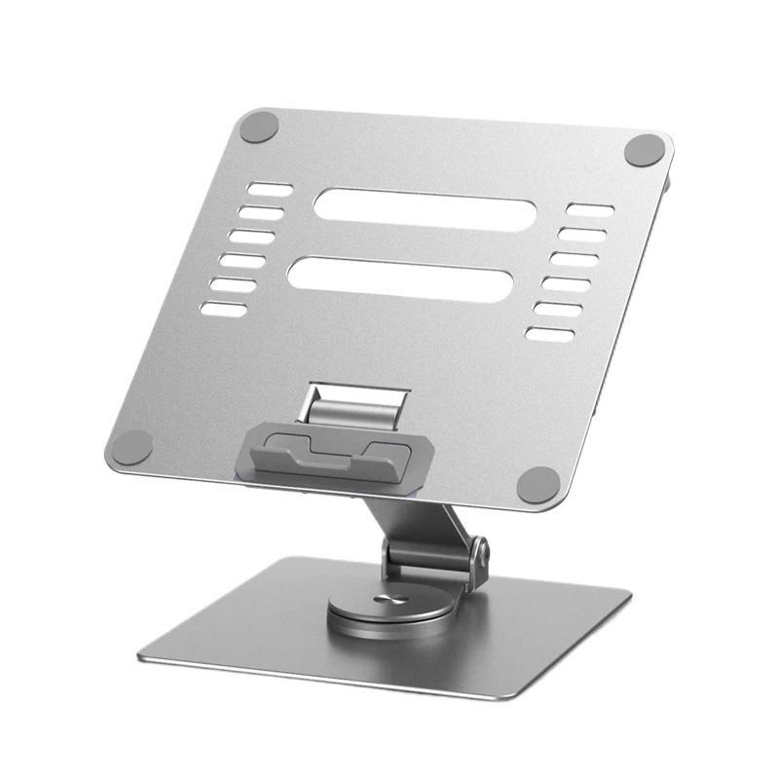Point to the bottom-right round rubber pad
click(537, 483)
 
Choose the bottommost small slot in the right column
click(551, 333)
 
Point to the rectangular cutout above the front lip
click(355, 402)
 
